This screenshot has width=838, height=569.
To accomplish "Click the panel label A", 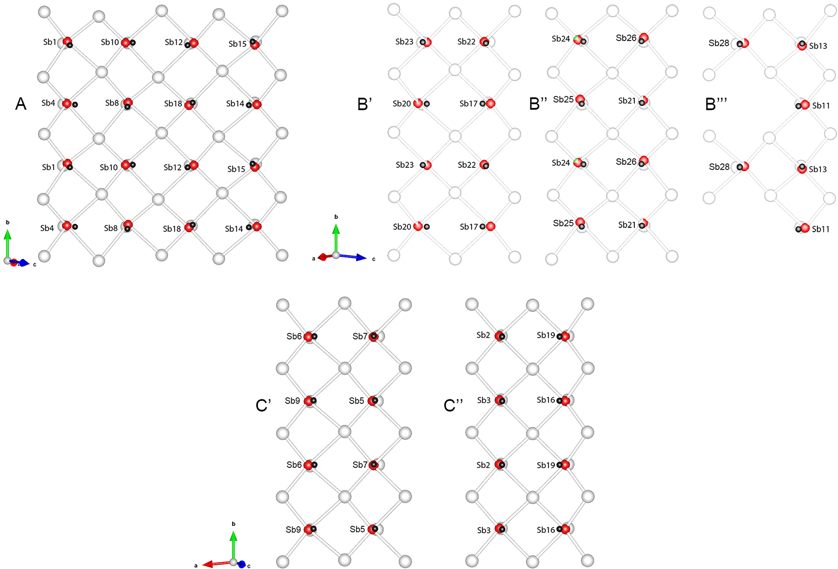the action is tap(21, 104).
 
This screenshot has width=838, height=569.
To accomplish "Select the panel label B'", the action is tap(365, 104).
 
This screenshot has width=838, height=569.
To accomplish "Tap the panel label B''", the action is tap(538, 104).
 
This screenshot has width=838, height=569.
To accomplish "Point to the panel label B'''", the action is tap(716, 104).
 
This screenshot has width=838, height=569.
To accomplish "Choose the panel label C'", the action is tap(263, 405).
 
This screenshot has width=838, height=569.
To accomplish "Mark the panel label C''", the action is tap(453, 405).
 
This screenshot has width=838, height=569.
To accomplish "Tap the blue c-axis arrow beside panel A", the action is tap(20, 262).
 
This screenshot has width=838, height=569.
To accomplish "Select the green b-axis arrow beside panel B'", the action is tap(336, 239).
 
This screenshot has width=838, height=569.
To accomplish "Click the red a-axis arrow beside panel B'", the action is tap(326, 256).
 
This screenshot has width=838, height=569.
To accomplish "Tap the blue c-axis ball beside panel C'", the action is tap(242, 564).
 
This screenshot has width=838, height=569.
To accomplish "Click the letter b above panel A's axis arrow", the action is tap(8, 222).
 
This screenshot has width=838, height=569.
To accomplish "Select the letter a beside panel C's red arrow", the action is tap(196, 565).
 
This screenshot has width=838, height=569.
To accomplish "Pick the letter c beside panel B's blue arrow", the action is tap(373, 259).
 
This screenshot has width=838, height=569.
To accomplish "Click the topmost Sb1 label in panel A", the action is tap(50, 42).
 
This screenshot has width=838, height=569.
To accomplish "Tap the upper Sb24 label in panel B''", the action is tap(561, 39).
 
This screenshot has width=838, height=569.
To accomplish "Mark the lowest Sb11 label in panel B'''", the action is tap(821, 229).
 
